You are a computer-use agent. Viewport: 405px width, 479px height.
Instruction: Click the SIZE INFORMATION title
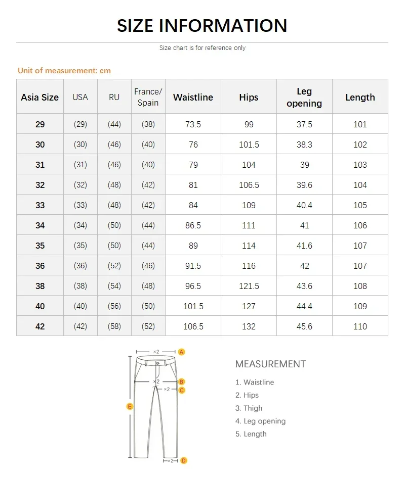202,26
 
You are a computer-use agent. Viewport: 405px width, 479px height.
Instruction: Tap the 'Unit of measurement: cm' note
64,71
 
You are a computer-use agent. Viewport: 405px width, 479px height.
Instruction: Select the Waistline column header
193,98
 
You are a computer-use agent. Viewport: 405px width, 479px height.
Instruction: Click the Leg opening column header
304,97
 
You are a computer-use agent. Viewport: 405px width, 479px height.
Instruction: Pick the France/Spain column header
148,97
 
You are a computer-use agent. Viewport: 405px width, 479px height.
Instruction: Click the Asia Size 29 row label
40,124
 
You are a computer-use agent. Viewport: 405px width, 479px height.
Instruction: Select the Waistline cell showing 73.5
193,124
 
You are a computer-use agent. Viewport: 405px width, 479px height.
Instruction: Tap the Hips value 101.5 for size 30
249,145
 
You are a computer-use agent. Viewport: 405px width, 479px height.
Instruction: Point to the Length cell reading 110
360,326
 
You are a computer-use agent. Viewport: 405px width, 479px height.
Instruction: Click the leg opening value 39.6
304,185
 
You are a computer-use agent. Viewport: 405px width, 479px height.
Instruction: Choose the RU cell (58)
114,326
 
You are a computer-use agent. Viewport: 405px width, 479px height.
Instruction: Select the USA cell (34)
80,225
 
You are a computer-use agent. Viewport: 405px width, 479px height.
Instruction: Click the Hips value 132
249,326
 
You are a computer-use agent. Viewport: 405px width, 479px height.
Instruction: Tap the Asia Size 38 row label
40,286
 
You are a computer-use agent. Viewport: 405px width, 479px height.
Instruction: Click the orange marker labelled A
182,352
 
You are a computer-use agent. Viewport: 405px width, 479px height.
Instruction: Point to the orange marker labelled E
130,406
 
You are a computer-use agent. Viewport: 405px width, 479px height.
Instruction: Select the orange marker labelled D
184,460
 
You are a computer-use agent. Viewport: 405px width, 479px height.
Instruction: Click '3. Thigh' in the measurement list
249,408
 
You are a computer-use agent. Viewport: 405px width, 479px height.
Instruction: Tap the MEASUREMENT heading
270,364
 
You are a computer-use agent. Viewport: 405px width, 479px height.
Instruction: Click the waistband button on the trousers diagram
157,362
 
